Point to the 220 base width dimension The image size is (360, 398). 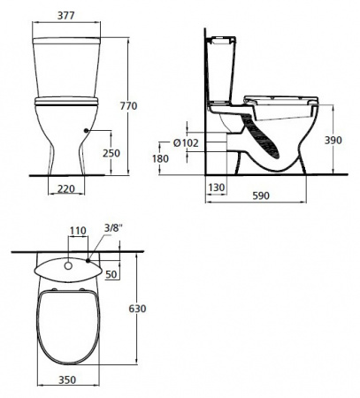tap(65, 188)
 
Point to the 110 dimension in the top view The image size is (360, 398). tap(78, 231)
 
